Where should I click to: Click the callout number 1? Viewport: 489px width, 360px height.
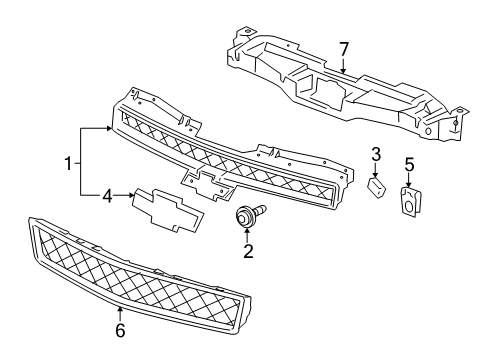68,161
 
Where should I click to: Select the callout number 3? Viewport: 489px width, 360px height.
377,153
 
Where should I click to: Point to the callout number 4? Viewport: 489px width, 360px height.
108,197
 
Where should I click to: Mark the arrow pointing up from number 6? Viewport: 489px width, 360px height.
119,303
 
